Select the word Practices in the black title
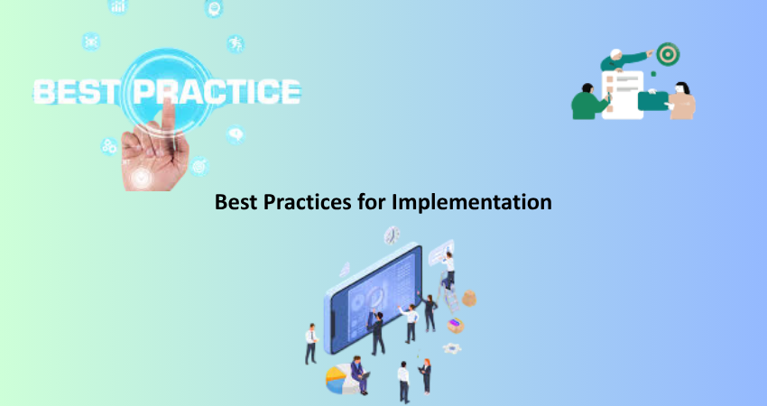point(307,201)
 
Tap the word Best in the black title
point(236,201)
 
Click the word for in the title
point(372,201)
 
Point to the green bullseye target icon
point(668,54)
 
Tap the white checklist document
point(623,95)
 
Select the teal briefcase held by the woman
point(653,101)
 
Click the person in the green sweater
point(589,102)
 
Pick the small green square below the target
point(653,74)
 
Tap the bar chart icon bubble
point(118,6)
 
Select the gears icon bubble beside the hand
point(109,146)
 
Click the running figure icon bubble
point(236,44)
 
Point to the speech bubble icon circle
point(236,134)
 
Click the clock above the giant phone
point(392,235)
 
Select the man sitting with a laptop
point(359,374)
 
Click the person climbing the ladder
point(448,270)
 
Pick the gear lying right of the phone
point(452,349)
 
